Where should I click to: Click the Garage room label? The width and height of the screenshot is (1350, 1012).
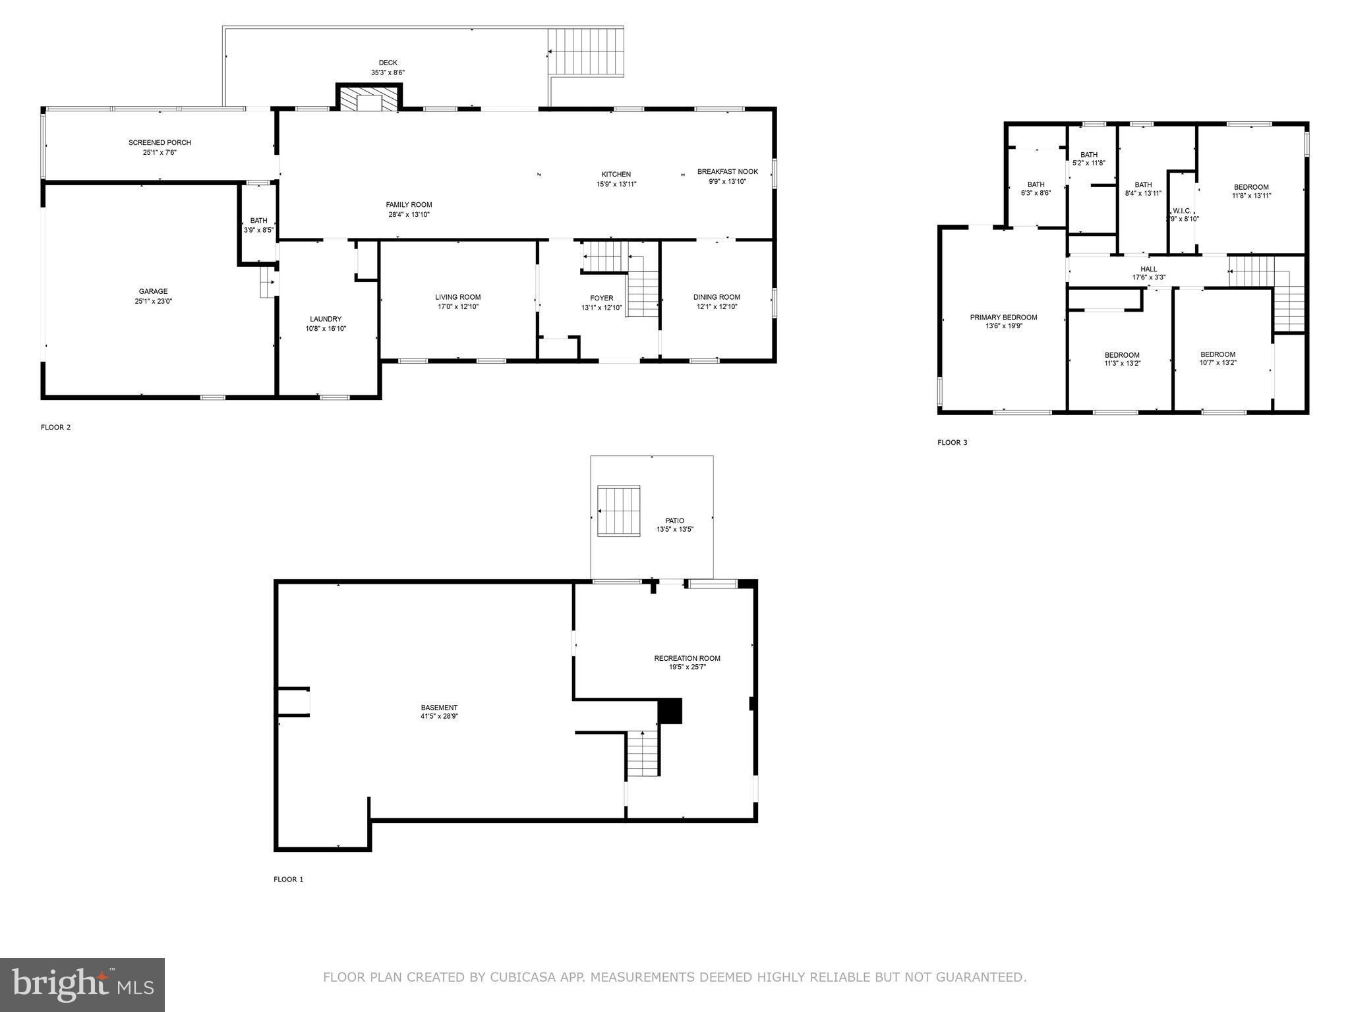pyautogui.click(x=153, y=291)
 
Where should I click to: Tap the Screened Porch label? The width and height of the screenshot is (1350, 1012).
pyautogui.click(x=160, y=143)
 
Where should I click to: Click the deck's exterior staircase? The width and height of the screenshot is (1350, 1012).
pyautogui.click(x=586, y=51)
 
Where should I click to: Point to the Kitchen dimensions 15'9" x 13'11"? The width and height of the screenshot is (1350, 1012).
pyautogui.click(x=616, y=184)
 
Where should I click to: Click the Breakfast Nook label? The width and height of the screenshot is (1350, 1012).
pyautogui.click(x=727, y=172)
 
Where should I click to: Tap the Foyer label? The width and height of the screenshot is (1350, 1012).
pyautogui.click(x=601, y=298)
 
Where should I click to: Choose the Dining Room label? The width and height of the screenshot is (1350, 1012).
pyautogui.click(x=717, y=297)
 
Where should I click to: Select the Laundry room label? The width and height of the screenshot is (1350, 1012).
pyautogui.click(x=326, y=320)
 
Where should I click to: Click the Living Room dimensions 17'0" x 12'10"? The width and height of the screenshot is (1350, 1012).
pyautogui.click(x=457, y=306)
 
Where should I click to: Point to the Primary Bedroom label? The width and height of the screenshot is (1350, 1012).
pyautogui.click(x=1003, y=318)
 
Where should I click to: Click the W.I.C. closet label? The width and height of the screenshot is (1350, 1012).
pyautogui.click(x=1182, y=211)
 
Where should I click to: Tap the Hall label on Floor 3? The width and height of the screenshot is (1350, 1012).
pyautogui.click(x=1148, y=269)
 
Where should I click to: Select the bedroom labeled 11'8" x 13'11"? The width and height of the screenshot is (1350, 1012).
pyautogui.click(x=1251, y=191)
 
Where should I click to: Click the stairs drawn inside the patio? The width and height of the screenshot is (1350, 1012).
pyautogui.click(x=618, y=511)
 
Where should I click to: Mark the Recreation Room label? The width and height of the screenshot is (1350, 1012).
pyautogui.click(x=687, y=658)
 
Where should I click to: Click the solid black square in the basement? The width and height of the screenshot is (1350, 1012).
pyautogui.click(x=670, y=712)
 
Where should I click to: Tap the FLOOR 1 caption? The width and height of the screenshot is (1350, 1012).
pyautogui.click(x=289, y=879)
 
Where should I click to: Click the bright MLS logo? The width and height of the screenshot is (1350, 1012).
pyautogui.click(x=82, y=985)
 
